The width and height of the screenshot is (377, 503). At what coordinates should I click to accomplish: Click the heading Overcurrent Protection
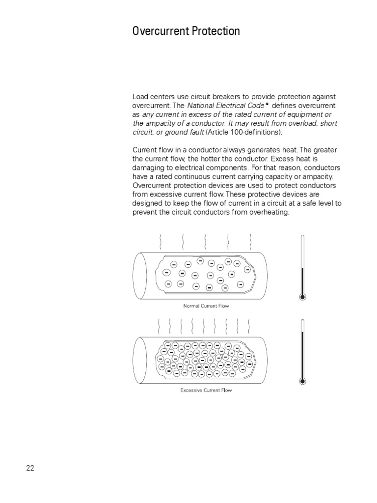[x=186, y=31]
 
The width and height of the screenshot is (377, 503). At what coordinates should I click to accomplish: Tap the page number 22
[x=30, y=468]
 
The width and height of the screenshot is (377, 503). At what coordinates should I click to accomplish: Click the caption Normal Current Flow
[x=206, y=306]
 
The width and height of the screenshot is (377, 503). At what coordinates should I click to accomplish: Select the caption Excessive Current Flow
[x=206, y=391]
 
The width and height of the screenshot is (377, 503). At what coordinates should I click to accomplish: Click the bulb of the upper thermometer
[x=302, y=296]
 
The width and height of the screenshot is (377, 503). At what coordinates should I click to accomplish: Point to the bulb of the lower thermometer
[x=302, y=381]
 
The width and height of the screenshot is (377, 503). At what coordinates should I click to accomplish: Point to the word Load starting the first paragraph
[x=140, y=97]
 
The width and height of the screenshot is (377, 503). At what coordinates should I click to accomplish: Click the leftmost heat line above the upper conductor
[x=160, y=242]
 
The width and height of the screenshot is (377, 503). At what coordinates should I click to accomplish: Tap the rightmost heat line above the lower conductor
[x=250, y=325]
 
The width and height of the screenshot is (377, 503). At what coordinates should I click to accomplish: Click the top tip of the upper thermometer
[x=302, y=236]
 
